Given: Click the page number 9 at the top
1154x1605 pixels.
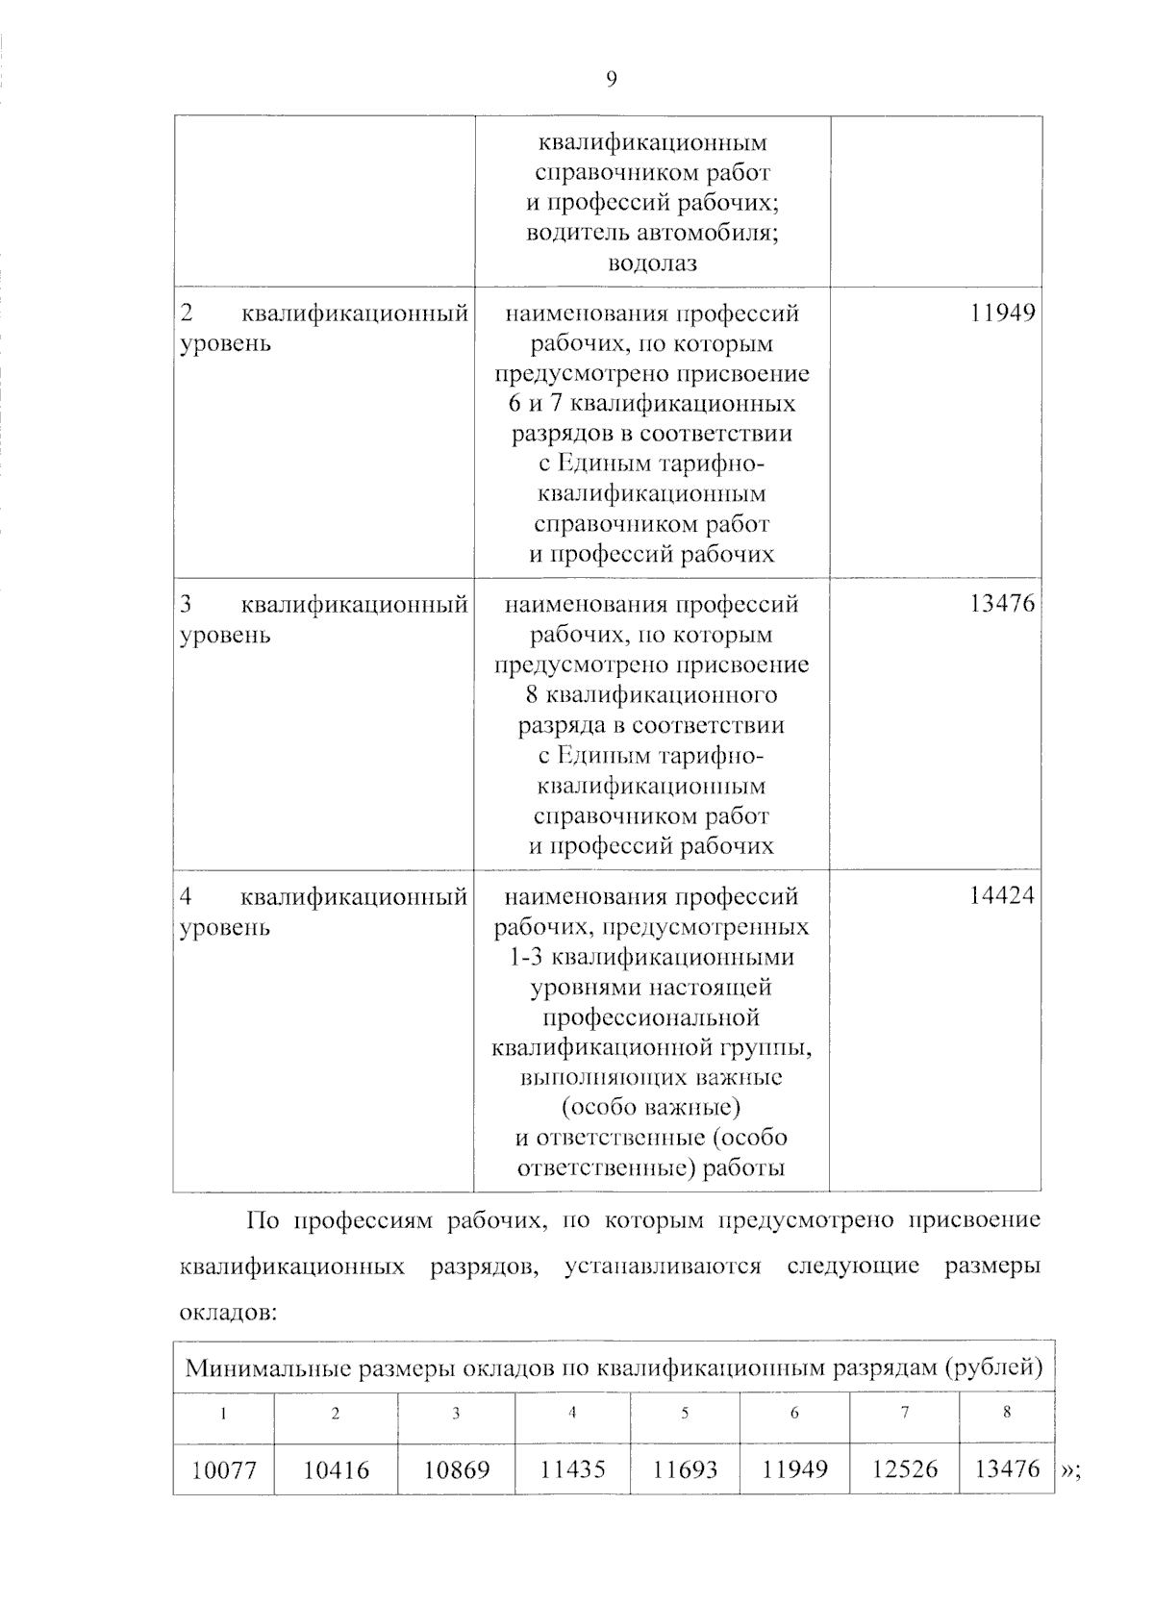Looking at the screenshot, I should [611, 81].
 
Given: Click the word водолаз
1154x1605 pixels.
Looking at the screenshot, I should [652, 263].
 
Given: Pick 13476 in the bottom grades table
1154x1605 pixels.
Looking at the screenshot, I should [1007, 1468].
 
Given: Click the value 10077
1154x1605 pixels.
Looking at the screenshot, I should [223, 1470].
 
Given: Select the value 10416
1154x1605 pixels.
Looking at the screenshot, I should [336, 1470].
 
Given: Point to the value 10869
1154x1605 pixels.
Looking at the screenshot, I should [457, 1470].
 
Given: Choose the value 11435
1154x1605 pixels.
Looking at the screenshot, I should [572, 1470].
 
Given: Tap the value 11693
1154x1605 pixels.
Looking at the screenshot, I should [685, 1470].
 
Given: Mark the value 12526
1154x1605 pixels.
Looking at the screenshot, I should [904, 1470].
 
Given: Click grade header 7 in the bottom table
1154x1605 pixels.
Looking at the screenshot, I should [905, 1413].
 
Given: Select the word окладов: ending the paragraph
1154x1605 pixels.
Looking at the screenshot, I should [228, 1313].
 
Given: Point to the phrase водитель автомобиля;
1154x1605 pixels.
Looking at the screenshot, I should [652, 233].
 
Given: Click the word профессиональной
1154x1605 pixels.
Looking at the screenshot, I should [651, 1017].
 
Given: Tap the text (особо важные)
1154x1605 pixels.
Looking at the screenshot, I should [651, 1108].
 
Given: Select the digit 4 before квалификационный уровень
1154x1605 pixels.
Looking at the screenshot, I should [187, 897].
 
